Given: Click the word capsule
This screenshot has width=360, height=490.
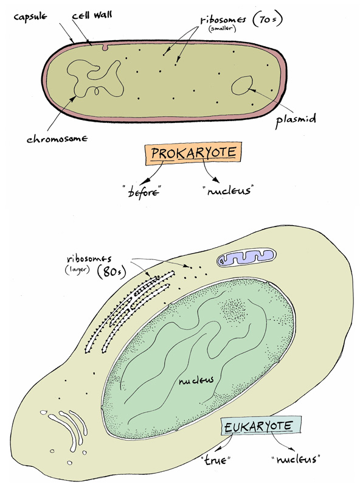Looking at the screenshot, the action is pyautogui.click(x=30, y=16).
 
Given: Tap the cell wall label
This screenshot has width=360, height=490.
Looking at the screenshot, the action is pyautogui.click(x=92, y=15).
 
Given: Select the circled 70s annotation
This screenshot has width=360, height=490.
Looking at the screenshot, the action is pyautogui.click(x=268, y=20).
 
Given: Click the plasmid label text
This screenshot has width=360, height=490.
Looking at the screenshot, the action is pyautogui.click(x=296, y=120).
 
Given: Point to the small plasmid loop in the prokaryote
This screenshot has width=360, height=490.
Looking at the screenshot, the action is pyautogui.click(x=232, y=86).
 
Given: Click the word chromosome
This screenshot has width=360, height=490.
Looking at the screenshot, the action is pyautogui.click(x=57, y=138).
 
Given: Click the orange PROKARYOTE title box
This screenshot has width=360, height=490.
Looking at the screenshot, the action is pyautogui.click(x=193, y=153).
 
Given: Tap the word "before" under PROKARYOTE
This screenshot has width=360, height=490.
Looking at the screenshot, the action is pyautogui.click(x=143, y=191).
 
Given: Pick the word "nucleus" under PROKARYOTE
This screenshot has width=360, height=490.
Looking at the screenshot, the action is pyautogui.click(x=228, y=191).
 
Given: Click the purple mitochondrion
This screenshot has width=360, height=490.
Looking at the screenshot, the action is pyautogui.click(x=247, y=257).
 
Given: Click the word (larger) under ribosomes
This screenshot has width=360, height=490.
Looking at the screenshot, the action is pyautogui.click(x=77, y=269).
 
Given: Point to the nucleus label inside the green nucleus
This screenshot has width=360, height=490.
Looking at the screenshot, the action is pyautogui.click(x=196, y=380).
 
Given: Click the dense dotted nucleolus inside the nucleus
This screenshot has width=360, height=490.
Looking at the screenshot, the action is pyautogui.click(x=234, y=310).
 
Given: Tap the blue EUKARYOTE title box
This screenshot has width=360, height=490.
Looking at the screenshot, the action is pyautogui.click(x=261, y=426).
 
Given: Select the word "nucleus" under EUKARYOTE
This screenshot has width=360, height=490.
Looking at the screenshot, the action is pyautogui.click(x=296, y=459).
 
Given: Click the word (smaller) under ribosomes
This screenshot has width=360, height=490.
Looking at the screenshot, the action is pyautogui.click(x=222, y=29).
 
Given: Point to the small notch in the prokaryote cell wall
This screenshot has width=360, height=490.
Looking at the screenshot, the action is pyautogui.click(x=105, y=47).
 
